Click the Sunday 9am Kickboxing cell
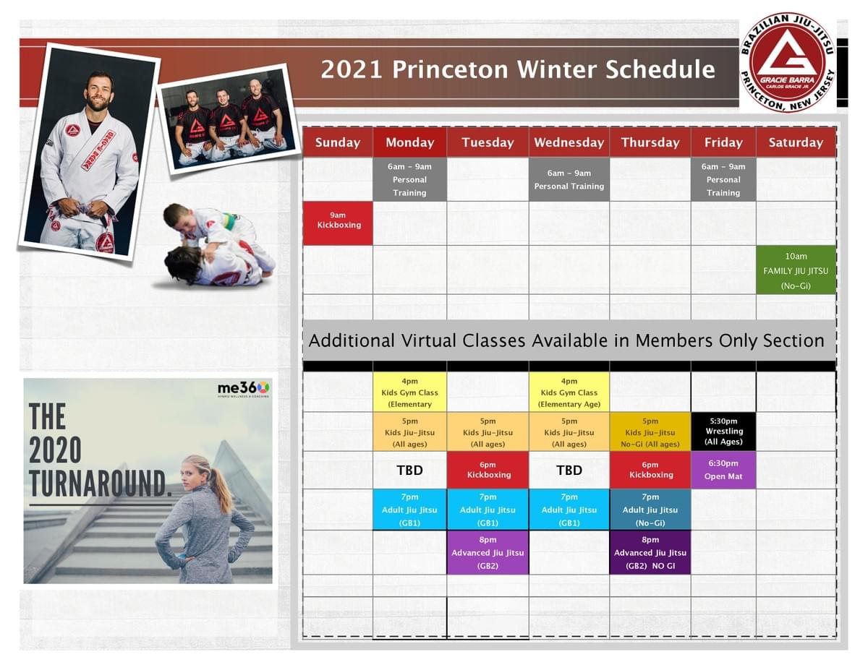point(338,223)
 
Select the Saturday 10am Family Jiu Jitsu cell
point(796,270)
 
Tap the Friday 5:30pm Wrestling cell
point(723,431)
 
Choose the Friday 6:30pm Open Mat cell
point(723,470)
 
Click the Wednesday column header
point(569,142)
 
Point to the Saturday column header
point(796,142)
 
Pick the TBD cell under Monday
point(410,470)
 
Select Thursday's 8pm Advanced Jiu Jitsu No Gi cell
point(650,552)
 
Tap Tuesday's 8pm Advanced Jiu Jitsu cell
point(488,552)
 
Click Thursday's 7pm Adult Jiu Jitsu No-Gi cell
point(650,510)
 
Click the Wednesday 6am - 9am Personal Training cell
point(569,179)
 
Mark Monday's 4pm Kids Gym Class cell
point(410,392)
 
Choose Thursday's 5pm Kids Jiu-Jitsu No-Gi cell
point(650,432)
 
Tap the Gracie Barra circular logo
point(787,62)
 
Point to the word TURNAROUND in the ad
point(100,484)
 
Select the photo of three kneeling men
point(229,119)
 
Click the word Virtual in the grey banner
point(429,341)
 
